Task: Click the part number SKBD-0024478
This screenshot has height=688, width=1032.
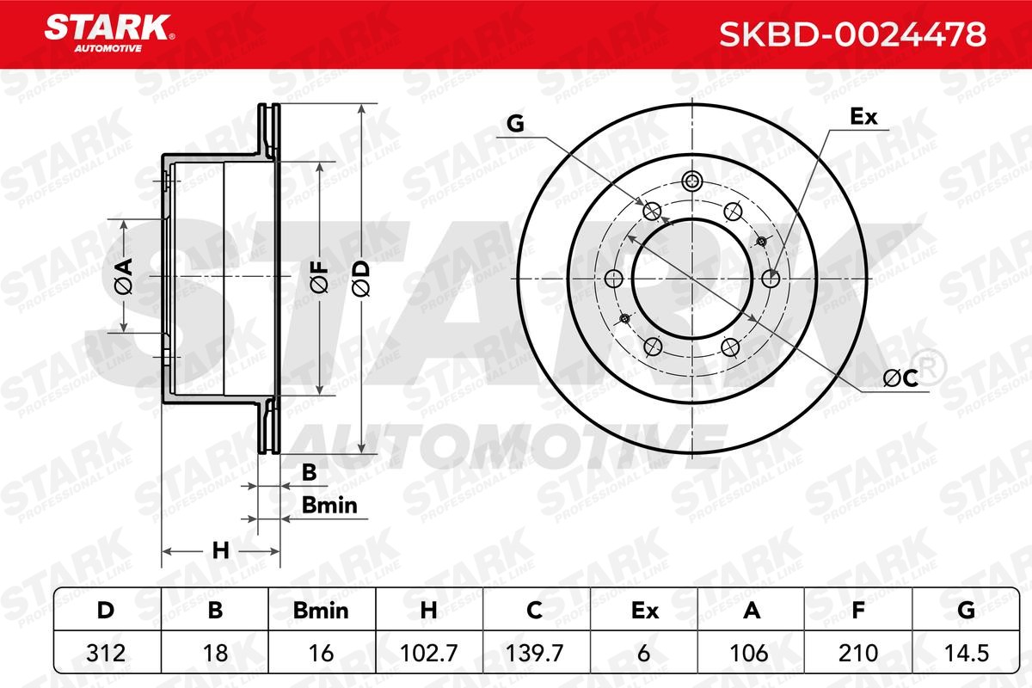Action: coord(851,35)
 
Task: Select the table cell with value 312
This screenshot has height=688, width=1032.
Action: coord(106,654)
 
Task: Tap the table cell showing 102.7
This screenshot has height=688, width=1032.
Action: coord(430,654)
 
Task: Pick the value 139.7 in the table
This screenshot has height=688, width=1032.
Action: coord(535,654)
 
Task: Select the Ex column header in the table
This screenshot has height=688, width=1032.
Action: coord(644,611)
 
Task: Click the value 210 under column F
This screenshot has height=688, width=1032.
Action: coord(857,654)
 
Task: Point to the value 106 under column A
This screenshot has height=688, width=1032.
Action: coord(751,654)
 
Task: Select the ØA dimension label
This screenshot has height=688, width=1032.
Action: coord(123,275)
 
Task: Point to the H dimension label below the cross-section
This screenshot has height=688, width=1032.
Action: coord(221,550)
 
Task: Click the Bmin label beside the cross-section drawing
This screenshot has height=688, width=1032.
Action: coord(329,506)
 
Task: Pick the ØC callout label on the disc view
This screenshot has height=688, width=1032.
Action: coord(900,378)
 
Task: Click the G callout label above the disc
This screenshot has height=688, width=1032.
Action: coord(515,125)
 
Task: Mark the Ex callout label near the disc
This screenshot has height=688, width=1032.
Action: coord(863,117)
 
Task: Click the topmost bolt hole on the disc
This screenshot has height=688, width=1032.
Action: coord(692,181)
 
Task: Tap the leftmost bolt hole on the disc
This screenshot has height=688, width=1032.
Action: coord(614,279)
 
